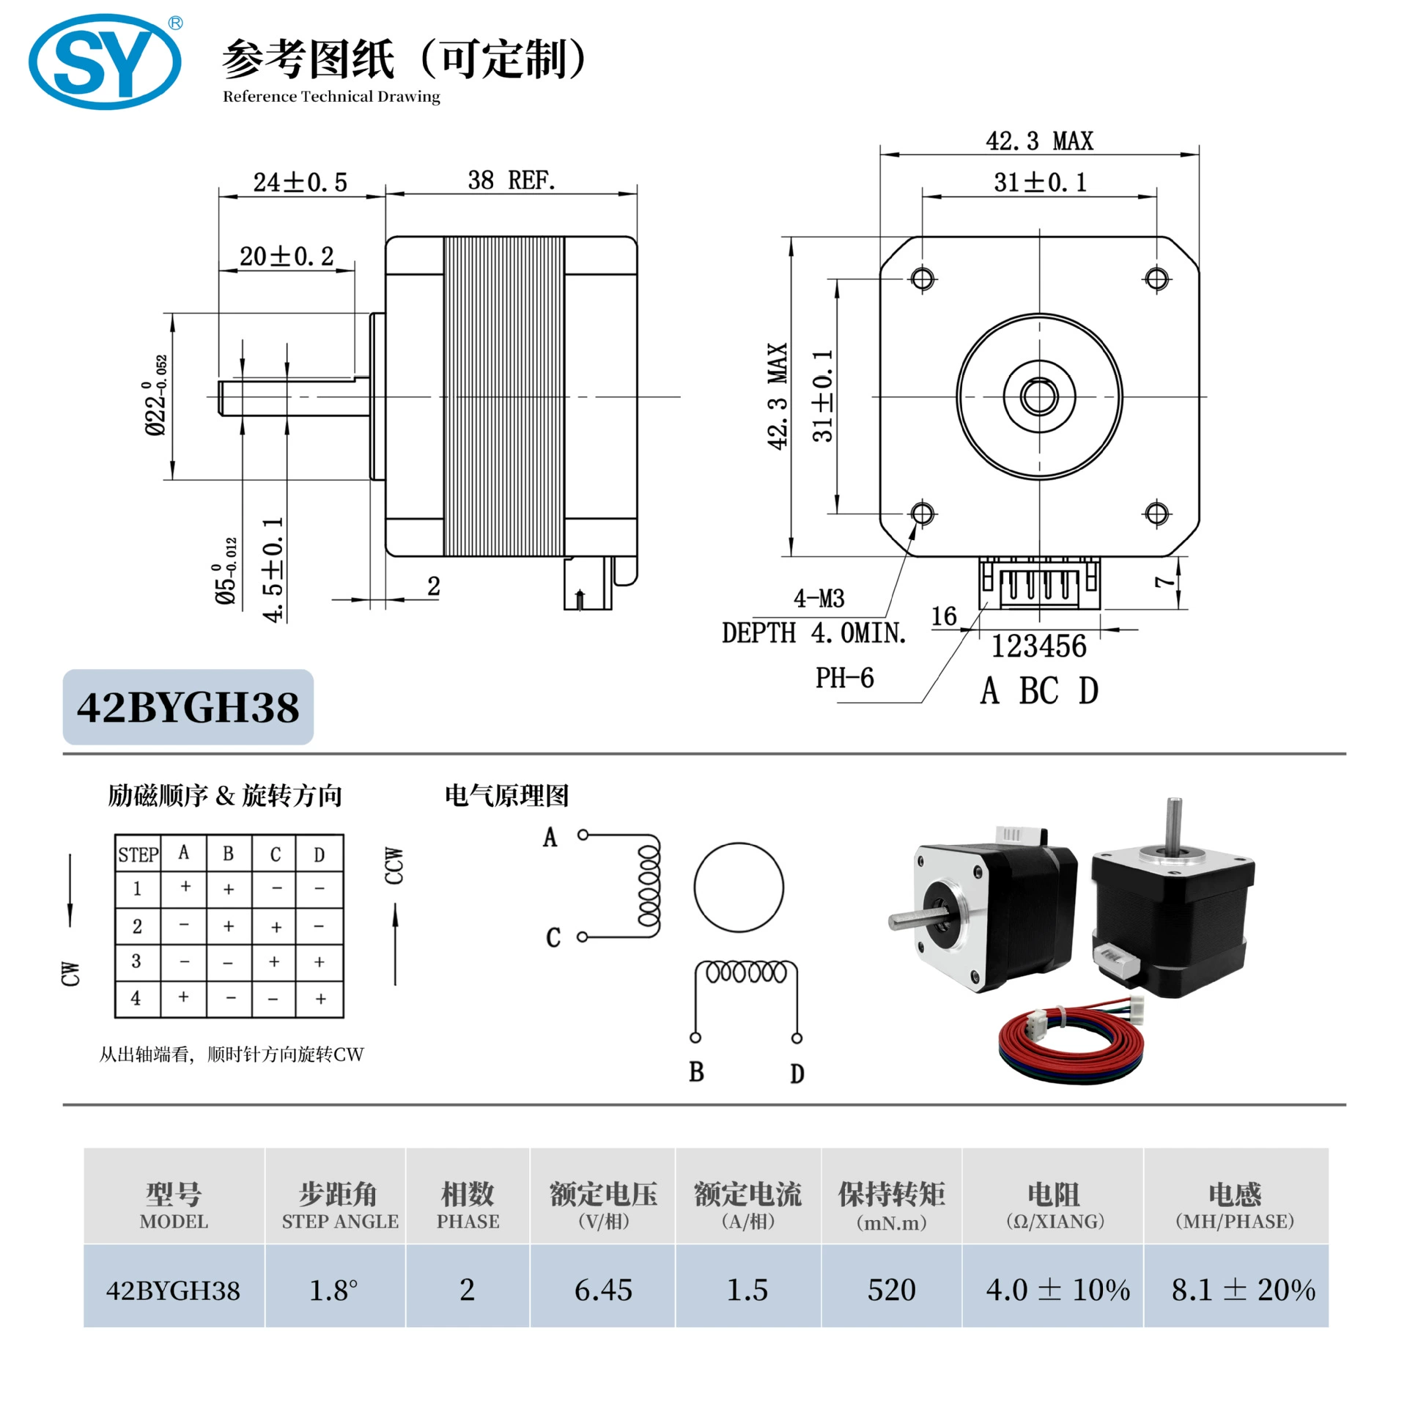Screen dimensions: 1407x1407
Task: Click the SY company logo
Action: pos(106,62)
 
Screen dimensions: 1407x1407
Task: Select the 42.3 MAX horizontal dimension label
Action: pos(1039,141)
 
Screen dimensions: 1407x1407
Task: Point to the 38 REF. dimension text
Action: pos(512,180)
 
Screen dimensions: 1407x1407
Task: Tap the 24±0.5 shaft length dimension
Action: pos(300,182)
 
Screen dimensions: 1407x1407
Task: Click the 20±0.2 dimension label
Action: pos(287,256)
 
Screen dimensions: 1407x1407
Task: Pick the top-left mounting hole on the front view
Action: pos(923,279)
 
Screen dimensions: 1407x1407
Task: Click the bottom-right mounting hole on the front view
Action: pos(1156,514)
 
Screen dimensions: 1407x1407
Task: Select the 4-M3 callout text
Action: pos(819,599)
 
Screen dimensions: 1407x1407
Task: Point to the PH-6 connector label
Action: pos(845,678)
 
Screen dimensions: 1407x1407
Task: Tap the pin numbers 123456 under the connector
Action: pos(1039,646)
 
